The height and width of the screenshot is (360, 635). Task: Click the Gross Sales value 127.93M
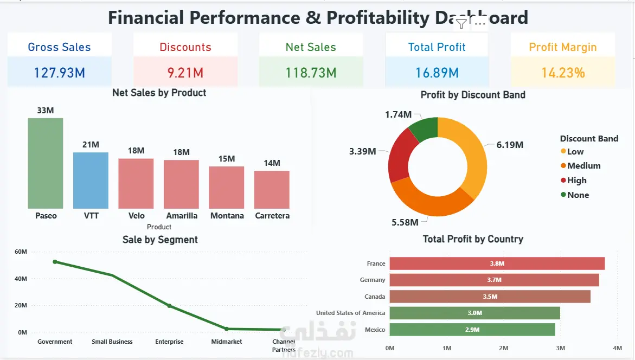[x=59, y=72]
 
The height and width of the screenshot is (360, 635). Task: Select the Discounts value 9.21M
[x=185, y=72]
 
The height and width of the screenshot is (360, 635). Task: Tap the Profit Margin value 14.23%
[x=563, y=72]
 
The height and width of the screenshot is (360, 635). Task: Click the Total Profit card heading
[x=437, y=47]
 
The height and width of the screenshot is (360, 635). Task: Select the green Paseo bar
[x=46, y=163]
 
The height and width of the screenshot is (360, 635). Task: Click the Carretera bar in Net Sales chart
[x=272, y=189]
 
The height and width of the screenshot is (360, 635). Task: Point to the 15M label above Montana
[x=227, y=159]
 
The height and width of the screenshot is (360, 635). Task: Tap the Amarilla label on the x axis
[x=182, y=216]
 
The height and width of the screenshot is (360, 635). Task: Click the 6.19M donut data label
[x=510, y=145]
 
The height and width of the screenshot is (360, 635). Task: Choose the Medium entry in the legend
[x=583, y=166]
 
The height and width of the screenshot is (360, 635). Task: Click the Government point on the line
[x=55, y=262]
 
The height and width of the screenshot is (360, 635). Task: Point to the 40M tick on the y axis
[x=21, y=279]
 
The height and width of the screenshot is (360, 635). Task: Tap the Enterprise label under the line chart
[x=169, y=342]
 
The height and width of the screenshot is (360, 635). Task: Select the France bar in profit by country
[x=497, y=263]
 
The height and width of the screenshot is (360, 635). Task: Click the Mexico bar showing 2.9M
[x=472, y=330]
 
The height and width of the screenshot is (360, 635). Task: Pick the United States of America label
[x=350, y=313]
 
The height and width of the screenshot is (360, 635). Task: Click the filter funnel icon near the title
[x=461, y=23]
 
